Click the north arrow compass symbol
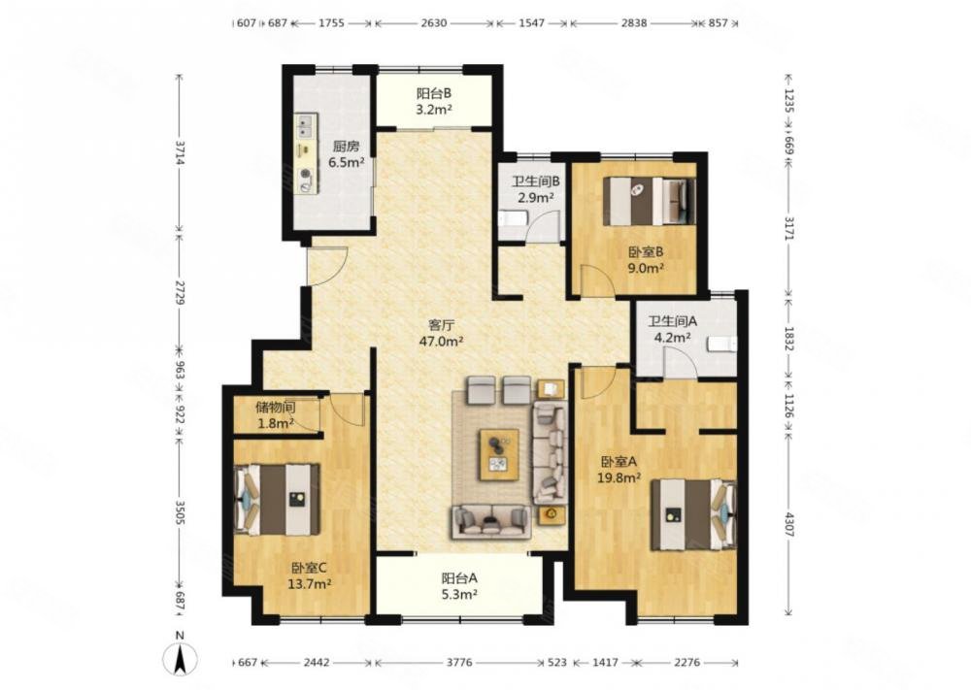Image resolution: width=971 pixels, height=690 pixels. point(180,658)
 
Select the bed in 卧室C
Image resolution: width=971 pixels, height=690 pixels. point(278,499)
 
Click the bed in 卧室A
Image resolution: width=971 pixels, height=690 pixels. point(693,515)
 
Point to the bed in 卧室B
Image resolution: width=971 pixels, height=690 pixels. point(651,201)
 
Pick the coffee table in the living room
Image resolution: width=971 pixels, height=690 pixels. point(499,454)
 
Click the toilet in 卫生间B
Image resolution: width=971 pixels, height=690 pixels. point(514,219)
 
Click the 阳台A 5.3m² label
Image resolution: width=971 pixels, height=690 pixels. point(459,586)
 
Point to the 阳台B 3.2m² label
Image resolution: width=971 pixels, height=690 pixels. point(433,102)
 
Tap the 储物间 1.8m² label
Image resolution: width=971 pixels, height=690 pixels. point(276,416)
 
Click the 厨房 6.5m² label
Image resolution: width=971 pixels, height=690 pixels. point(346,154)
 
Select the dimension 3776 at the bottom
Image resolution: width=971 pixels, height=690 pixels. point(459,662)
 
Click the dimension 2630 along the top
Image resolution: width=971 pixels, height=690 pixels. point(434,23)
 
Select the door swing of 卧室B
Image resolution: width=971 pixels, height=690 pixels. point(597,279)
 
